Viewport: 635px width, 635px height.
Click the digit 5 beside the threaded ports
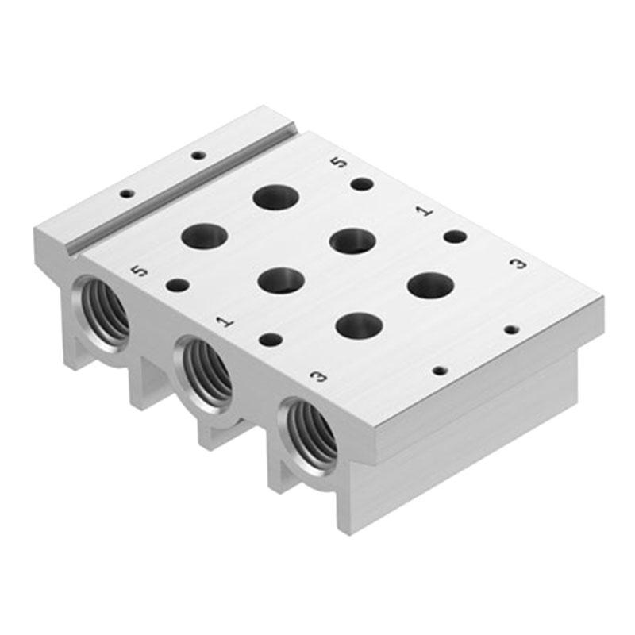tap(140, 271)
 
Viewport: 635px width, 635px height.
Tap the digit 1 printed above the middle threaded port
tap(225, 322)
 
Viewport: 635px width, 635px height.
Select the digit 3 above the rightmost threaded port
tap(319, 376)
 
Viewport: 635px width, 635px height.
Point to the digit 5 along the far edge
tap(340, 163)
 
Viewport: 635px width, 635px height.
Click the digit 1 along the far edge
tap(425, 211)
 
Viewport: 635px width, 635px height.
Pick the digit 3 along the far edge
tap(519, 264)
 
